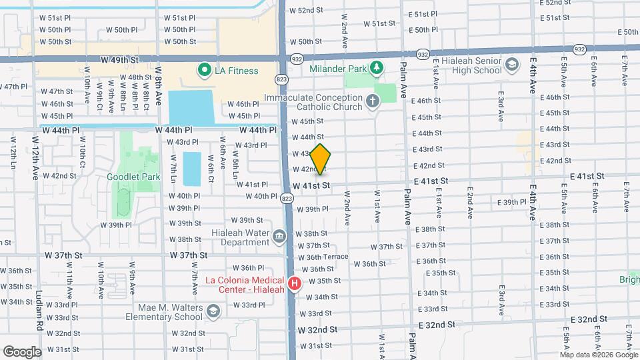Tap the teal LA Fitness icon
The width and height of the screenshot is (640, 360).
[201, 69]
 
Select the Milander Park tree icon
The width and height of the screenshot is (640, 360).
[377, 67]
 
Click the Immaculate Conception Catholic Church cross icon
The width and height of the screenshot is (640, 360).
[372, 102]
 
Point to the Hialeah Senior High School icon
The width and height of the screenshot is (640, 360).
[511, 65]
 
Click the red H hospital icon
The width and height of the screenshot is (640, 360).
[294, 283]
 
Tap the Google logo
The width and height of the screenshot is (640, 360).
[23, 351]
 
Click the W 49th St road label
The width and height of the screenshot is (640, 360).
[119, 59]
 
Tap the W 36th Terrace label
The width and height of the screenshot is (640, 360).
[323, 257]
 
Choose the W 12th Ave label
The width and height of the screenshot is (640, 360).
[35, 159]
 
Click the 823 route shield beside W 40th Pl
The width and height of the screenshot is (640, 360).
[286, 197]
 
